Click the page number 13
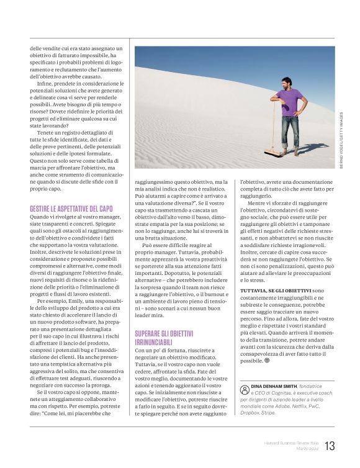(x=329, y=446)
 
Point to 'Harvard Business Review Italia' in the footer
(x=288, y=442)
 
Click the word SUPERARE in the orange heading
(x=150, y=333)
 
